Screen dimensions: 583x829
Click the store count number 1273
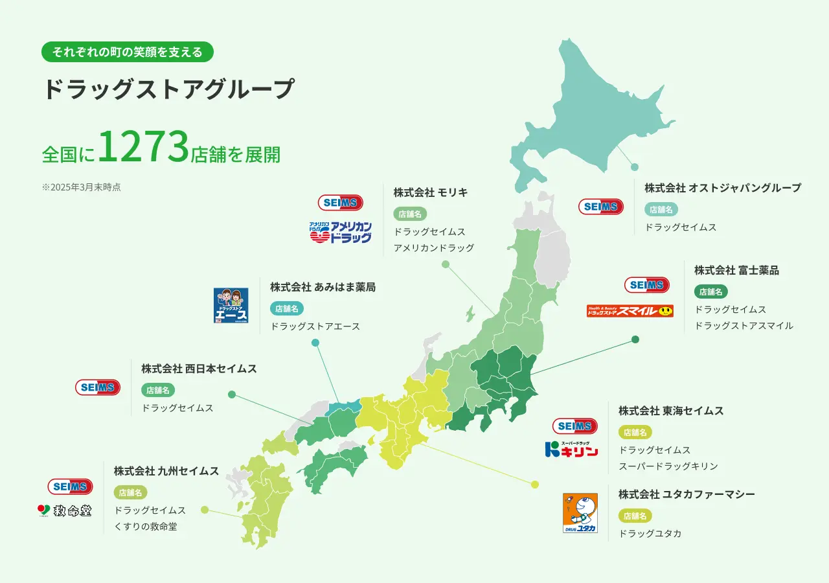pyautogui.click(x=144, y=148)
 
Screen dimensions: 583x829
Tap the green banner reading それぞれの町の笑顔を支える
pyautogui.click(x=128, y=52)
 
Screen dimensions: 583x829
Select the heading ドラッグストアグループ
pyautogui.click(x=168, y=89)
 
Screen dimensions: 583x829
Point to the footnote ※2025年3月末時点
pyautogui.click(x=82, y=187)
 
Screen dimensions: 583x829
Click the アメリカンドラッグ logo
pyautogui.click(x=341, y=232)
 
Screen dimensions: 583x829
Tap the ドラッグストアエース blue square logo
pyautogui.click(x=231, y=306)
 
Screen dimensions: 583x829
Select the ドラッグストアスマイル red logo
pyautogui.click(x=630, y=311)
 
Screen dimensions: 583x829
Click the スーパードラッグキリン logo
pyautogui.click(x=571, y=450)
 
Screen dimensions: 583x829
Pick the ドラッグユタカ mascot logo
pyautogui.click(x=580, y=513)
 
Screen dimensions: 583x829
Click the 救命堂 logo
pyautogui.click(x=65, y=510)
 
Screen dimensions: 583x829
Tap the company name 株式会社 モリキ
pyautogui.click(x=431, y=192)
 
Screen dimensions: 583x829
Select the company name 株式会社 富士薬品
pyautogui.click(x=736, y=270)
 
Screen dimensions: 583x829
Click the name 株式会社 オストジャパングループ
pyautogui.click(x=723, y=188)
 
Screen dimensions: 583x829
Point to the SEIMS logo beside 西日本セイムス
pyautogui.click(x=98, y=387)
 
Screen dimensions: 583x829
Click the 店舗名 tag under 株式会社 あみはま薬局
pyautogui.click(x=286, y=309)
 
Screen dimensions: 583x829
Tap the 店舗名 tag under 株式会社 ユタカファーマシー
pyautogui.click(x=635, y=516)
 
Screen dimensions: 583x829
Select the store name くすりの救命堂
pyautogui.click(x=146, y=527)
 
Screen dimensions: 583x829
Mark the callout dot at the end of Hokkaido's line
pyautogui.click(x=635, y=167)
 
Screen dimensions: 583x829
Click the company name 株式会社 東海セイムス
pyautogui.click(x=671, y=411)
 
